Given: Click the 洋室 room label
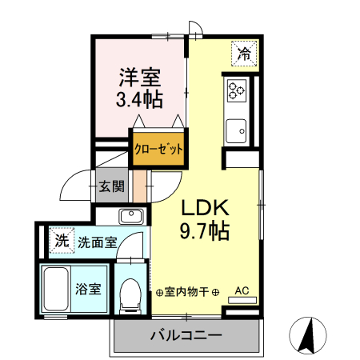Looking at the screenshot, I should [x=140, y=78].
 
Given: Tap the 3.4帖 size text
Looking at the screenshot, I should [x=140, y=101].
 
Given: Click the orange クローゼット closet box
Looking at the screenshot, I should [x=158, y=148].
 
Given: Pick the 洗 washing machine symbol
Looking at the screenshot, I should [x=60, y=238].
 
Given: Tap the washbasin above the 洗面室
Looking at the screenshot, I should [x=130, y=215].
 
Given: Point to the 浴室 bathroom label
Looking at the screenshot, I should [x=88, y=289].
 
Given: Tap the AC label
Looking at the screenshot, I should [x=242, y=290].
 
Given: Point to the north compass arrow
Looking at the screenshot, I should [x=306, y=335].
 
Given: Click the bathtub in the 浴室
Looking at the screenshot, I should [x=55, y=292].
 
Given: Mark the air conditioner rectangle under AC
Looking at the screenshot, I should [x=242, y=301].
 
